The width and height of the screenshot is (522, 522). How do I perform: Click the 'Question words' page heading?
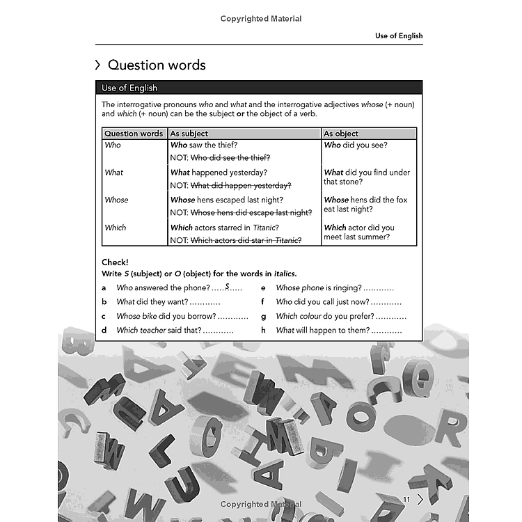pos(157,65)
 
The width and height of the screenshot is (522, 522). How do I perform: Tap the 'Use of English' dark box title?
pos(129,88)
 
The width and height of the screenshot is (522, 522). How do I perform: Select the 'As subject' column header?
pos(189,133)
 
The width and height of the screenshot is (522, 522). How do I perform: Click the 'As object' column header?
pos(342,133)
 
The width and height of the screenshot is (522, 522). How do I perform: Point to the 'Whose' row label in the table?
pos(116,200)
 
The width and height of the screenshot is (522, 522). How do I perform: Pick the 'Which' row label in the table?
pos(116,228)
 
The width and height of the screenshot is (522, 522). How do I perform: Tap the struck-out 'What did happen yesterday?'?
pos(241,185)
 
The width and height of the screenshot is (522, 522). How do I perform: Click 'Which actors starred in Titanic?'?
pos(225,228)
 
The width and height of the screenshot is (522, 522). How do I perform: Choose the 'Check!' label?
pos(115,262)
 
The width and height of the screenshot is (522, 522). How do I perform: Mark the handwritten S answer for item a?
pos(227,286)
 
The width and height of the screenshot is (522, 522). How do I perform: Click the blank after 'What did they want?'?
pos(206,302)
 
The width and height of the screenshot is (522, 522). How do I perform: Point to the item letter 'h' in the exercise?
pos(264,331)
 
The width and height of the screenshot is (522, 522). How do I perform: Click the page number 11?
pos(407,498)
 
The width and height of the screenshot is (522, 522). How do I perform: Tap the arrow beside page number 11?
pos(420,498)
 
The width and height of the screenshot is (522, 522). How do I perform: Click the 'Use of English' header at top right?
pos(399,35)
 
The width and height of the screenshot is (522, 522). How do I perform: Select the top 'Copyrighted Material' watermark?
pos(261,19)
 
